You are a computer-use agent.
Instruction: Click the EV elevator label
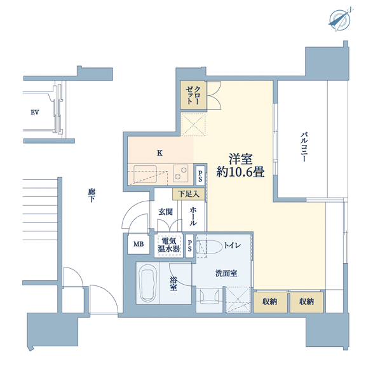click(35, 112)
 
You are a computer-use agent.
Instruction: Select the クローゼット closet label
click(193, 95)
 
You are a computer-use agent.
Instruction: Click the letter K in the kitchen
click(159, 153)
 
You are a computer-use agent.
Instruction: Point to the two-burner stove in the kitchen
click(180, 173)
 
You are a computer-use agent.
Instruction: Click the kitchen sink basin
click(145, 173)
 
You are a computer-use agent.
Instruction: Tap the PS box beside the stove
click(200, 176)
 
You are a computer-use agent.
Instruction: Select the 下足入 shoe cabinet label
click(188, 194)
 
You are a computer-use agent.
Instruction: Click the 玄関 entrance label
click(165, 212)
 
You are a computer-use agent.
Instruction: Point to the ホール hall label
click(193, 216)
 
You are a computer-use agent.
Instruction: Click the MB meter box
click(139, 244)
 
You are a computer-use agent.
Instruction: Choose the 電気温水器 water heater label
click(168, 245)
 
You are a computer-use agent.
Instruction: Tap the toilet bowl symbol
click(210, 247)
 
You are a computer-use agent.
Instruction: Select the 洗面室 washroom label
click(226, 273)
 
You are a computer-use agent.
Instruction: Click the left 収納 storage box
click(270, 302)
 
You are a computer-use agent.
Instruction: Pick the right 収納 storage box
click(306, 302)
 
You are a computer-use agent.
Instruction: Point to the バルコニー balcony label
click(304, 147)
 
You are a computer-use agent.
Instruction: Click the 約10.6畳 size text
click(240, 172)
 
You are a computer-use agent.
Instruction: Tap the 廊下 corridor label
click(91, 195)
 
